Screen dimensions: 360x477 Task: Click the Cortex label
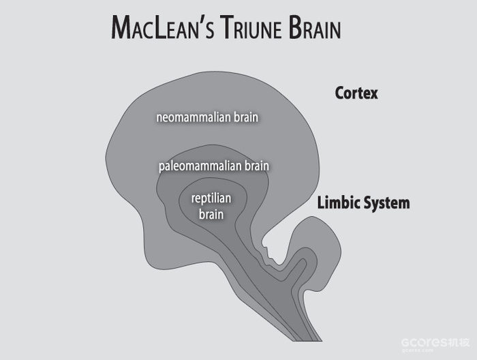tap(356, 93)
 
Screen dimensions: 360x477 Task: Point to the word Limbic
tap(337, 202)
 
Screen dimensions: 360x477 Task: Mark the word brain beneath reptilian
tap(212, 213)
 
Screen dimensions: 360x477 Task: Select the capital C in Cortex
tap(339, 93)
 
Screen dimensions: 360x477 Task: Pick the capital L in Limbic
tap(321, 202)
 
